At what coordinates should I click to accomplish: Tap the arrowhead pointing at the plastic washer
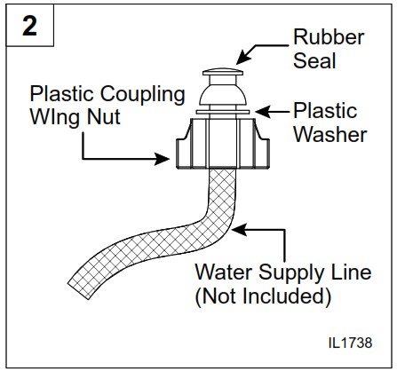[257, 112]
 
